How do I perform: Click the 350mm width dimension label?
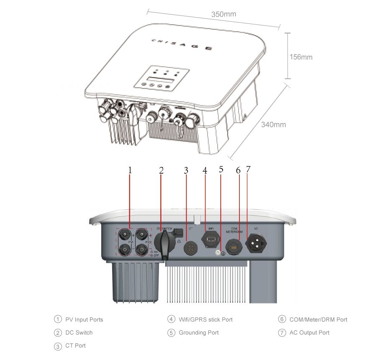(x=223, y=14)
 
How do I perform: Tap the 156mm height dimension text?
(x=301, y=57)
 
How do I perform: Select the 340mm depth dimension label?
(x=274, y=124)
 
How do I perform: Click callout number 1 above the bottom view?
(x=130, y=170)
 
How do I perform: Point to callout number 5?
(x=221, y=170)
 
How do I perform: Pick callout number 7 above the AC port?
(x=248, y=170)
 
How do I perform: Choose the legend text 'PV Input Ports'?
(x=84, y=319)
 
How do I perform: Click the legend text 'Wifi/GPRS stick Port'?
(x=205, y=319)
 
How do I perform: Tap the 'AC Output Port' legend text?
(x=309, y=333)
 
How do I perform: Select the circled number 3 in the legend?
(x=58, y=346)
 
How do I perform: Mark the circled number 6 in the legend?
(x=282, y=319)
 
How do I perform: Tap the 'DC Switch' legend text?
(x=79, y=333)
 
